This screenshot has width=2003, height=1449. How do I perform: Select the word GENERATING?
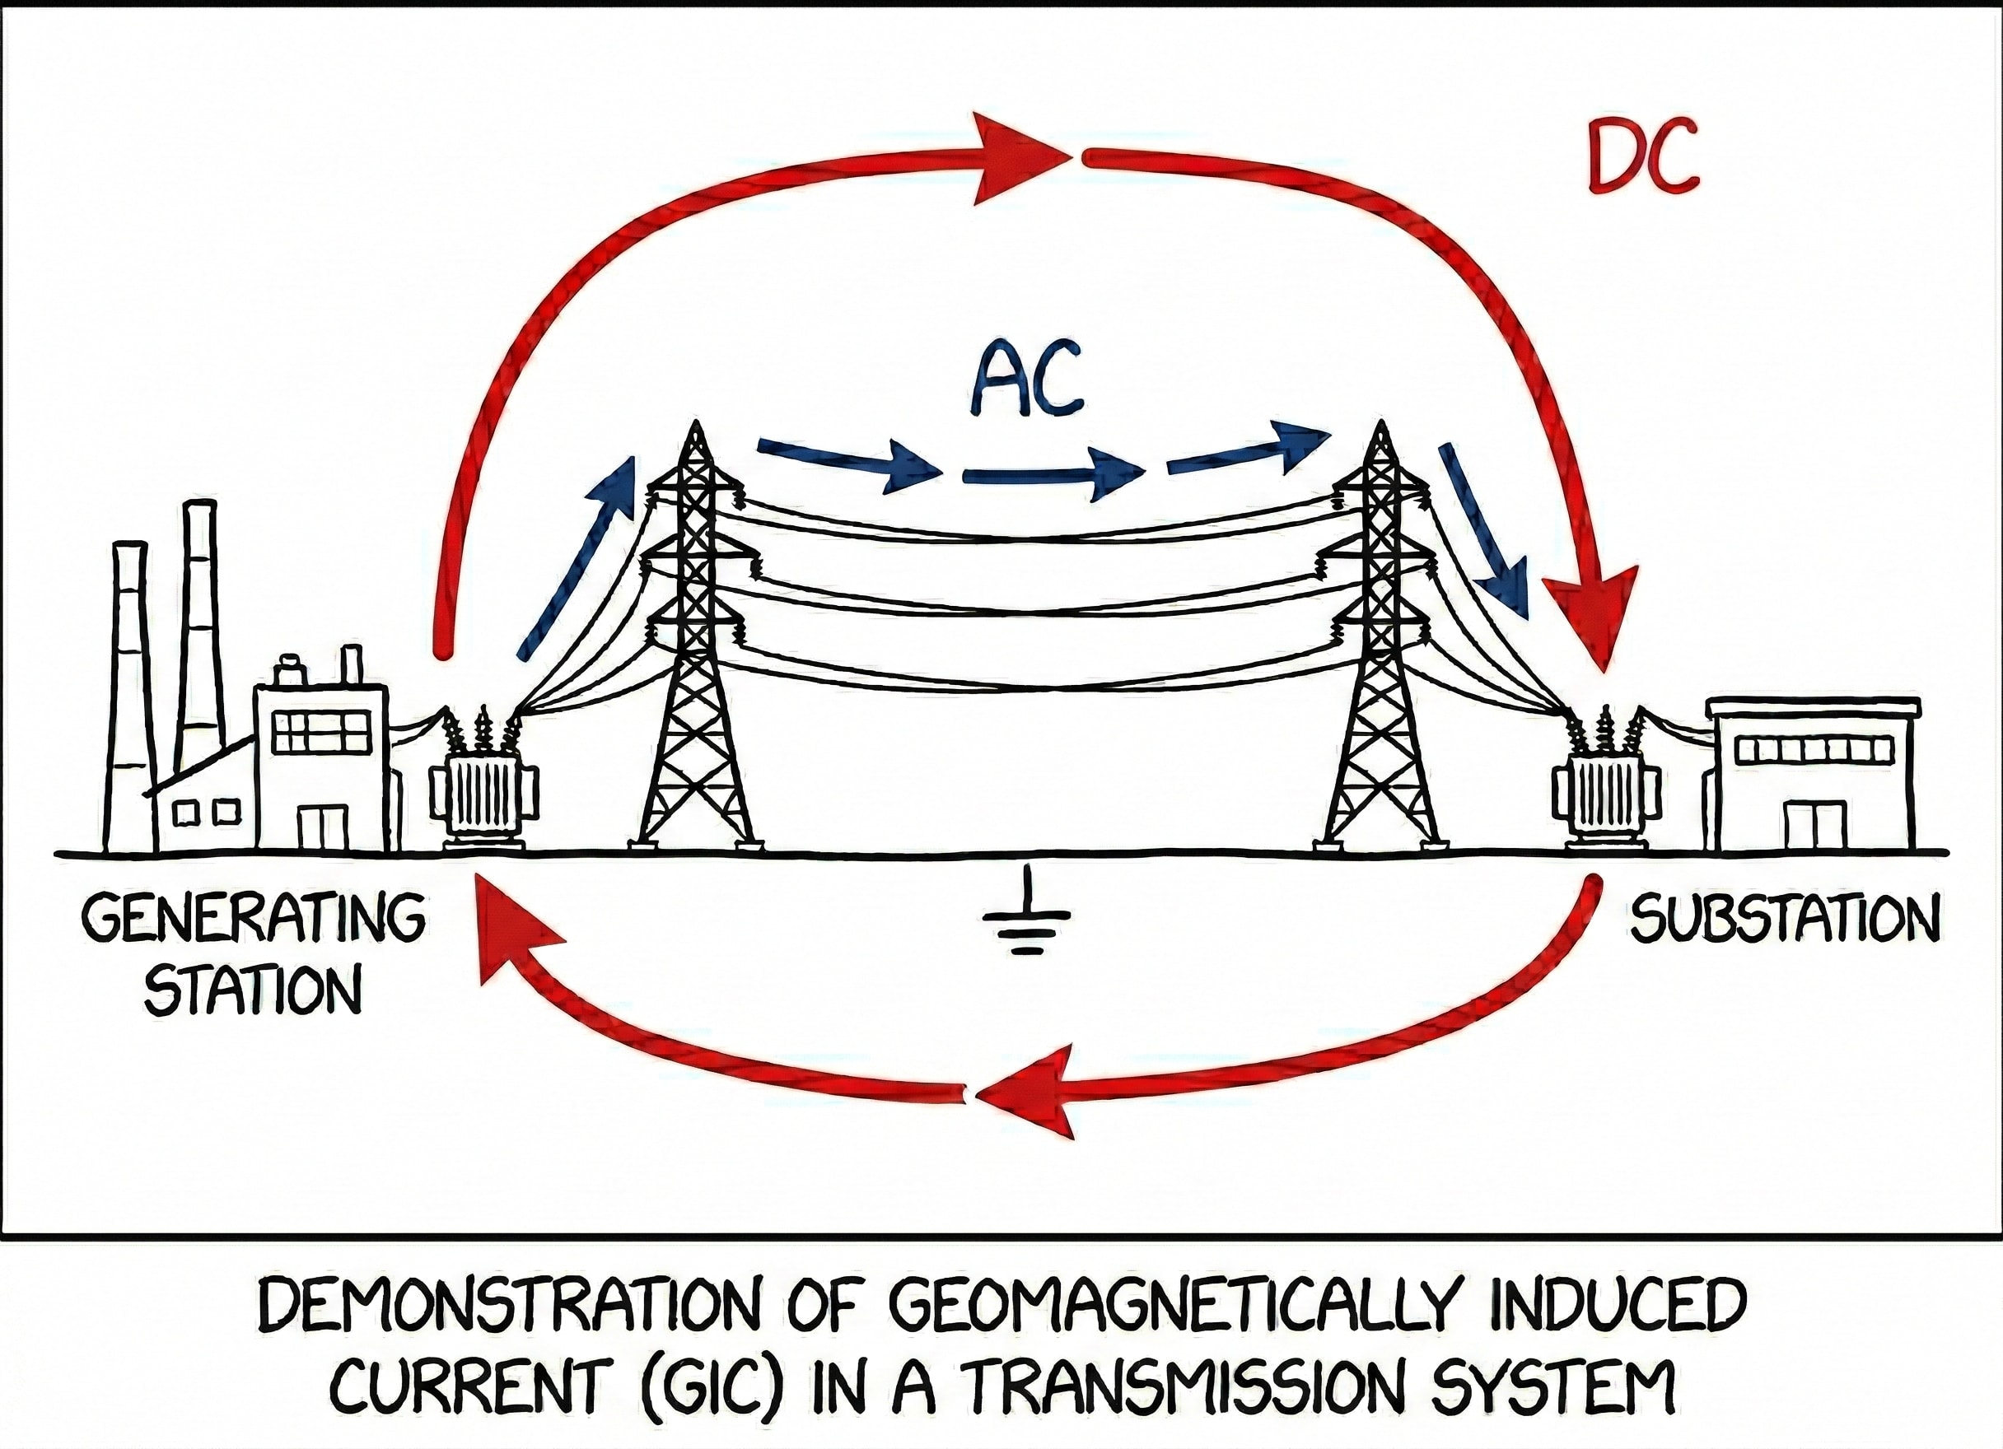[x=254, y=921]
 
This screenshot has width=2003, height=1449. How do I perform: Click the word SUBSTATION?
[x=1785, y=920]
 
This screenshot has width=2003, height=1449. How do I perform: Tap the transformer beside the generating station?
[x=483, y=790]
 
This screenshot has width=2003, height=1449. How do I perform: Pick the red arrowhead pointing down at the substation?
[x=1595, y=618]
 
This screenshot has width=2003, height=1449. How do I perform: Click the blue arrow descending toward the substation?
[x=1483, y=530]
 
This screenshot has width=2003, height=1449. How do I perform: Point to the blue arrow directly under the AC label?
[x=1051, y=476]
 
